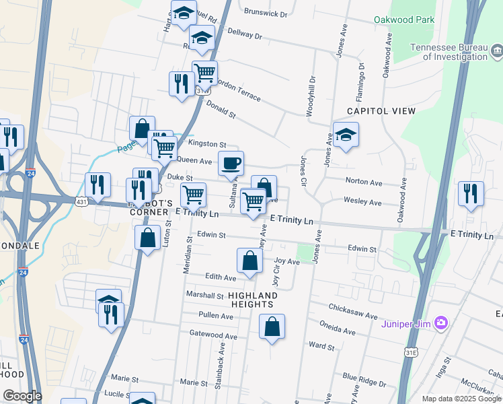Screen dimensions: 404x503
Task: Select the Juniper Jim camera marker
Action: pos(441,323)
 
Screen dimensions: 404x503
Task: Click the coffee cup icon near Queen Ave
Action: pos(231,163)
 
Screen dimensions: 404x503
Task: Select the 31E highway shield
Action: pos(411,352)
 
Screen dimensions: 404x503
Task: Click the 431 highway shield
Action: pos(80,201)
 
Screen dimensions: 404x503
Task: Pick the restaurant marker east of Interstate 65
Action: pos(471,193)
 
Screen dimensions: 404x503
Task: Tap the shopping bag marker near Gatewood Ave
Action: pos(272,327)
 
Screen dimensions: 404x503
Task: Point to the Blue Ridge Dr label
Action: pos(364,380)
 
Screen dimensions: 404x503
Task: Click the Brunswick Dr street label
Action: pos(265,13)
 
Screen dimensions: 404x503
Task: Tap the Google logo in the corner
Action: pos(22,396)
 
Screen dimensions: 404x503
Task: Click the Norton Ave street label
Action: pos(363,182)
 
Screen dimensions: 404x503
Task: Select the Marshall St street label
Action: pos(204,296)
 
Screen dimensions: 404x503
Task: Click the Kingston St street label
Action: pos(207,144)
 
